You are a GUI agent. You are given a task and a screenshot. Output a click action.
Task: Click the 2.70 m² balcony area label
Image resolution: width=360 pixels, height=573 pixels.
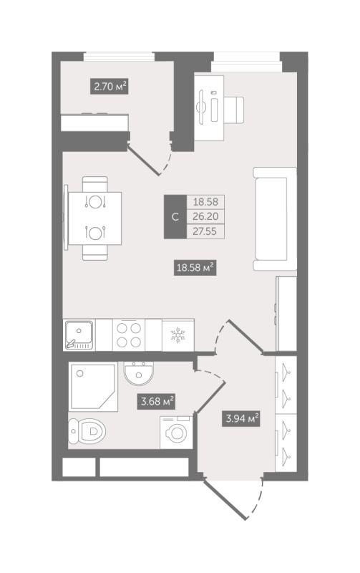click(x=110, y=87)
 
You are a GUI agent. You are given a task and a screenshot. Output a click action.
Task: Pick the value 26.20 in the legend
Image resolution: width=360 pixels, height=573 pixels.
click(x=205, y=217)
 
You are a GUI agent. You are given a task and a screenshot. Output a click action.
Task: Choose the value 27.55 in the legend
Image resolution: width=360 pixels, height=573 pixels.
click(x=205, y=231)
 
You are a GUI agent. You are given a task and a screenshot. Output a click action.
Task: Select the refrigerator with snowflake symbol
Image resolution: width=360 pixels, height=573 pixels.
click(x=175, y=334)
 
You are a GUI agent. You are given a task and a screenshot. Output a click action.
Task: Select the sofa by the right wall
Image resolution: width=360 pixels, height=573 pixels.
click(x=275, y=218)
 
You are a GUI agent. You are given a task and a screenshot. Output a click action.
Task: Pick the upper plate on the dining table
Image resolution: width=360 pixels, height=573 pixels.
click(x=94, y=202)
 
